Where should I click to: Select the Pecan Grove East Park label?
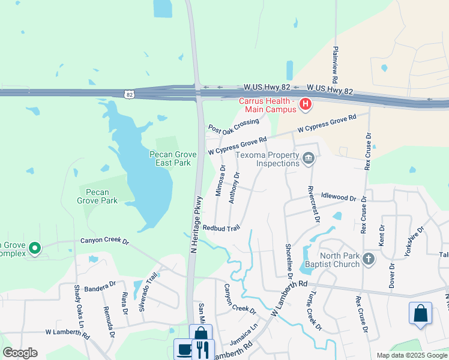point(170,158)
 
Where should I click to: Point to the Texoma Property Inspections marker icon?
point(309,159)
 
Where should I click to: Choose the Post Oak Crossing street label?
point(234,125)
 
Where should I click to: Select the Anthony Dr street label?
point(234,187)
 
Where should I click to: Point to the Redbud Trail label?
point(221,228)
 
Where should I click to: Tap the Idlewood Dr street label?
point(339,197)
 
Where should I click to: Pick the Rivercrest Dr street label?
point(312,203)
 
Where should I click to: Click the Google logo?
point(20,353)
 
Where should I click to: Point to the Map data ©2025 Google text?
point(411,355)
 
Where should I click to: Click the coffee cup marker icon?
point(184,350)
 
